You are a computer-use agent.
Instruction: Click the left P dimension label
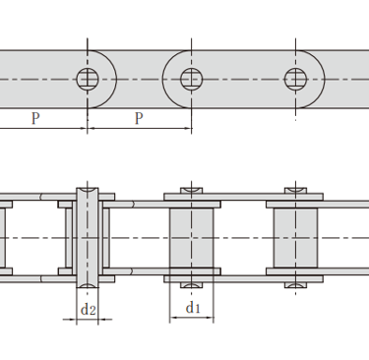coord(35,118)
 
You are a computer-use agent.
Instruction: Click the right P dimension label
coord(139,118)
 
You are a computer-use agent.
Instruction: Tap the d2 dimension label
coord(89,309)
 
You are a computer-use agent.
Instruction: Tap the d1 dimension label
coord(193,308)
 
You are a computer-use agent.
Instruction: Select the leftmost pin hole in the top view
coord(88,79)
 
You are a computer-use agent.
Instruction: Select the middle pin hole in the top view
coord(192,79)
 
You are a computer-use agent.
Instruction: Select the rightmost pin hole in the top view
coord(295,79)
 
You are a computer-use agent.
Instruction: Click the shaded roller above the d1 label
coord(192,238)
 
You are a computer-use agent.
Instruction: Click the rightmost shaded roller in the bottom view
coord(295,238)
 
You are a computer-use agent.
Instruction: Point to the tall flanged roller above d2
coord(88,238)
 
